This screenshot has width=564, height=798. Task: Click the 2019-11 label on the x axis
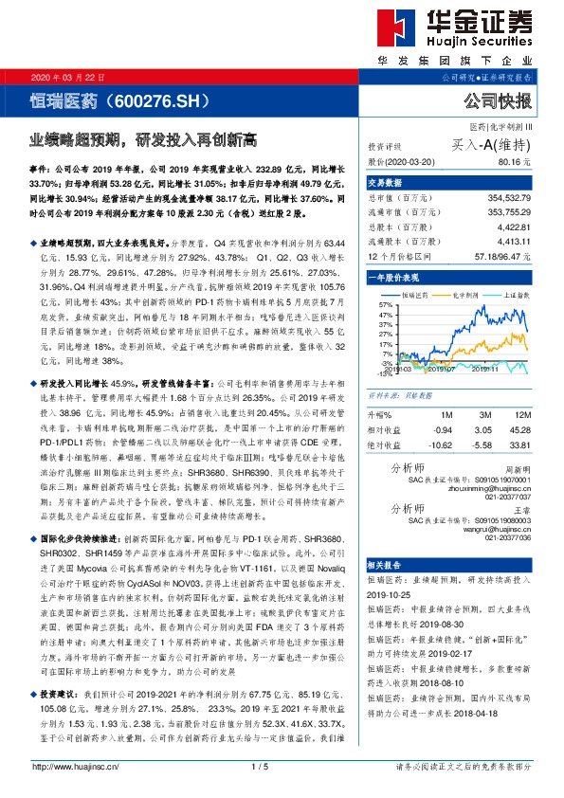(484, 372)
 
